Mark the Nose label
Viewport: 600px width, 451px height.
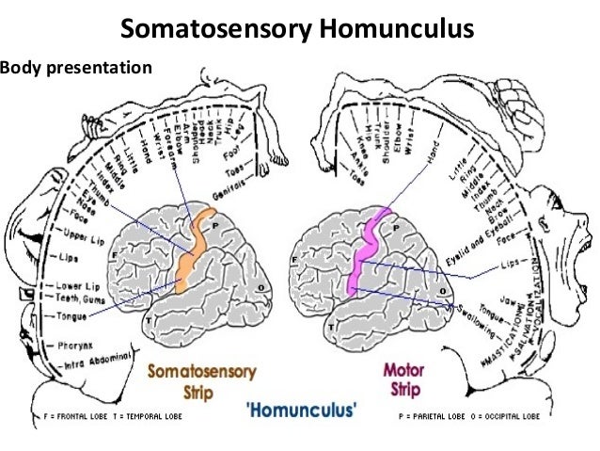(x=61, y=201)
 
